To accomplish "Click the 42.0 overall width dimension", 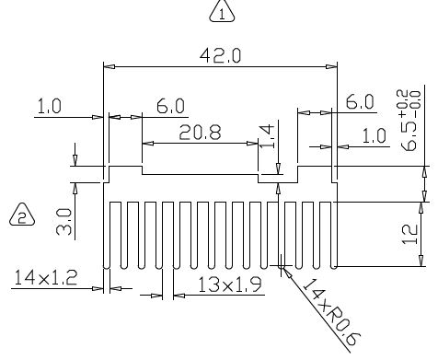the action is click(220, 56).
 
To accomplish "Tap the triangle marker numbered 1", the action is click(222, 12).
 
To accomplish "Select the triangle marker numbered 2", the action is click(22, 215).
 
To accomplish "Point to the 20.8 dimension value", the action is click(200, 133).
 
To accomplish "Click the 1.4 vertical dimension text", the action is click(267, 136).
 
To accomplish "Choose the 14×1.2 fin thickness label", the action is click(45, 277).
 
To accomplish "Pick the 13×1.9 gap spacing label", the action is click(230, 285).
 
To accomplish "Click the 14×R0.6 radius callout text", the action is click(331, 312).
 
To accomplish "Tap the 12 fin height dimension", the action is click(409, 234).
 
